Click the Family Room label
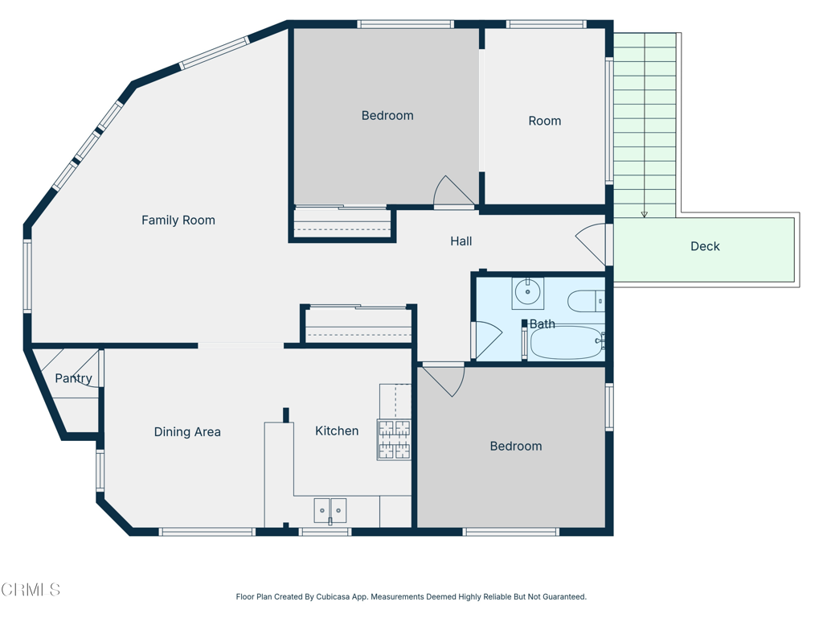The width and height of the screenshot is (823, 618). coord(178,220)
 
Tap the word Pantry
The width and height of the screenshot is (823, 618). coord(73,378)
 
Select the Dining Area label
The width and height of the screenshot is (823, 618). coord(187,432)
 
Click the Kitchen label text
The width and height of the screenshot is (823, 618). coord(337,431)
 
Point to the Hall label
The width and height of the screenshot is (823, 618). coord(461,241)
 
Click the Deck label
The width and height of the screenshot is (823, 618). coord(705,247)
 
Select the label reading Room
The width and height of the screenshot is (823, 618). coord(544,121)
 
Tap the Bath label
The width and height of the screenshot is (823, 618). coord(543,324)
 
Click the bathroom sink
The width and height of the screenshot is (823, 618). coord(527,292)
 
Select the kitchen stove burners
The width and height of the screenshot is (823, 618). coord(394,439)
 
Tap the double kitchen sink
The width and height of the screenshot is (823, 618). coord(330,510)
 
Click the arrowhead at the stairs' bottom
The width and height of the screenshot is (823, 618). coord(644,215)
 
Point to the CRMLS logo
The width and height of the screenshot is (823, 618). coord(31,590)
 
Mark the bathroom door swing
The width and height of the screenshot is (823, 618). coord(487,339)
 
